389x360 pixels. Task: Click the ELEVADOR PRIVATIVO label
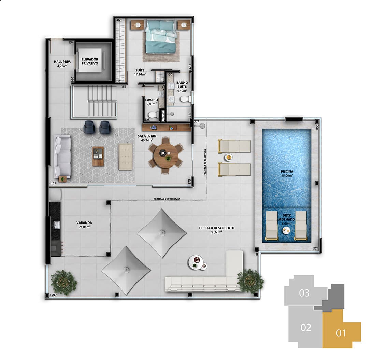pos(90,61)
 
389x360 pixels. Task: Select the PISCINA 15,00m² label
pos(287,173)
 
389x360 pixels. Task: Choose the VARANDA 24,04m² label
pos(84,224)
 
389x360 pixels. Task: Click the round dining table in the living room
pos(165,155)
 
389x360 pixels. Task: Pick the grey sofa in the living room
pos(62,156)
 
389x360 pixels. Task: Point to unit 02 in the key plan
pos(306,327)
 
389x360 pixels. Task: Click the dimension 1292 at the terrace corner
pos(53,295)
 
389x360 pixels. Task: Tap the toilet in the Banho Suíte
pos(185,99)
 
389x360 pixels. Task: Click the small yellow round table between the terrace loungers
pos(229,158)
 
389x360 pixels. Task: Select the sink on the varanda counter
pos(56,225)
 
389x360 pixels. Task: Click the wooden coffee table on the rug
pos(98,156)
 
